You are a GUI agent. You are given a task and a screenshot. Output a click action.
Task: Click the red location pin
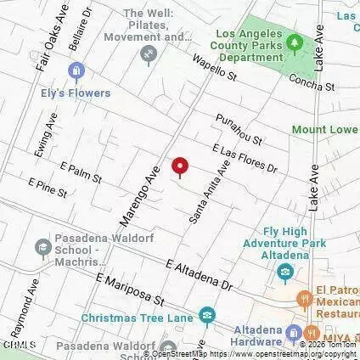point(179,167)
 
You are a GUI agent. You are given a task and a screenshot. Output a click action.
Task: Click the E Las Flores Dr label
point(245,159)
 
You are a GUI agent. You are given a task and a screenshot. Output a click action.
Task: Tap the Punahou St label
point(239,128)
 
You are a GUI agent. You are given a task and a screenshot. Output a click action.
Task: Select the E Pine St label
point(47,188)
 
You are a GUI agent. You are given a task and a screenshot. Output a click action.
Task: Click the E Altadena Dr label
point(200,273)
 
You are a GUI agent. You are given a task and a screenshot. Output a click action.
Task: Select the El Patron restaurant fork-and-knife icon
point(302,299)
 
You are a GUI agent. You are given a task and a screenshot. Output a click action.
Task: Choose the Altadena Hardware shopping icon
point(294,333)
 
